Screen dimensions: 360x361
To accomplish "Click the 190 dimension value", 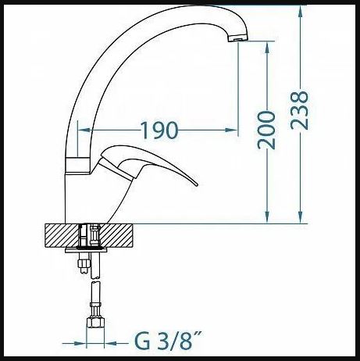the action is pyautogui.click(x=159, y=130).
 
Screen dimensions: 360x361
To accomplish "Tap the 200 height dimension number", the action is pyautogui.click(x=266, y=130).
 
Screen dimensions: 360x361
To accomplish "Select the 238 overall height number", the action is pyautogui.click(x=299, y=110).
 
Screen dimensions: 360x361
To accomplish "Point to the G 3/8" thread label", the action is pyautogui.click(x=168, y=341).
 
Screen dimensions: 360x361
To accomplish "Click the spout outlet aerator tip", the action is pyautogui.click(x=237, y=39).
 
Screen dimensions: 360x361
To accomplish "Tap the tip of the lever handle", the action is pyautogui.click(x=196, y=185).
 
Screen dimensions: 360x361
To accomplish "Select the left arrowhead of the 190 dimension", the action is pyautogui.click(x=84, y=130).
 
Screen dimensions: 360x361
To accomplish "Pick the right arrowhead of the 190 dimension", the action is pyautogui.click(x=232, y=130).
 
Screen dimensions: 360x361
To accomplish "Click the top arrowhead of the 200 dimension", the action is pyautogui.click(x=266, y=48).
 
